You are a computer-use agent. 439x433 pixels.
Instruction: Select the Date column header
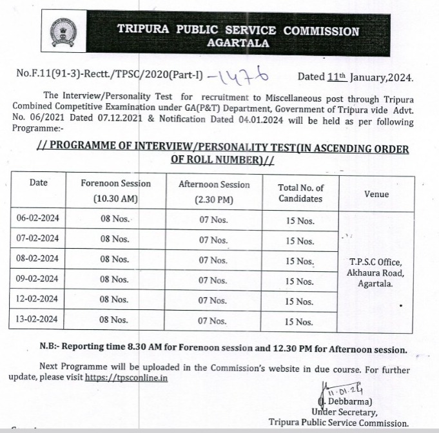[x=39, y=182]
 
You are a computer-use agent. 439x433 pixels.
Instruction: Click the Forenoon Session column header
[x=115, y=191]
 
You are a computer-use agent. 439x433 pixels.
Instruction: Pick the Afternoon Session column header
[x=213, y=191]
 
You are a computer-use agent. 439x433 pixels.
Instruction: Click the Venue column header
[x=376, y=193]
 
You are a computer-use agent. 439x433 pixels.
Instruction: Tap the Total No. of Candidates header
[x=300, y=193]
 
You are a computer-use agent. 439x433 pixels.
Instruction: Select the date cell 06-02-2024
[x=38, y=218]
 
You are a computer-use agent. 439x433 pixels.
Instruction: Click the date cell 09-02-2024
[x=38, y=279]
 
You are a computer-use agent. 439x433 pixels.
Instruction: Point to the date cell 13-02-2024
[x=38, y=319]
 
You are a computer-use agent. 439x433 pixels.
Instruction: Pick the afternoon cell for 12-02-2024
[x=213, y=300]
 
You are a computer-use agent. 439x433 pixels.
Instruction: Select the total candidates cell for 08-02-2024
[x=300, y=262]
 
